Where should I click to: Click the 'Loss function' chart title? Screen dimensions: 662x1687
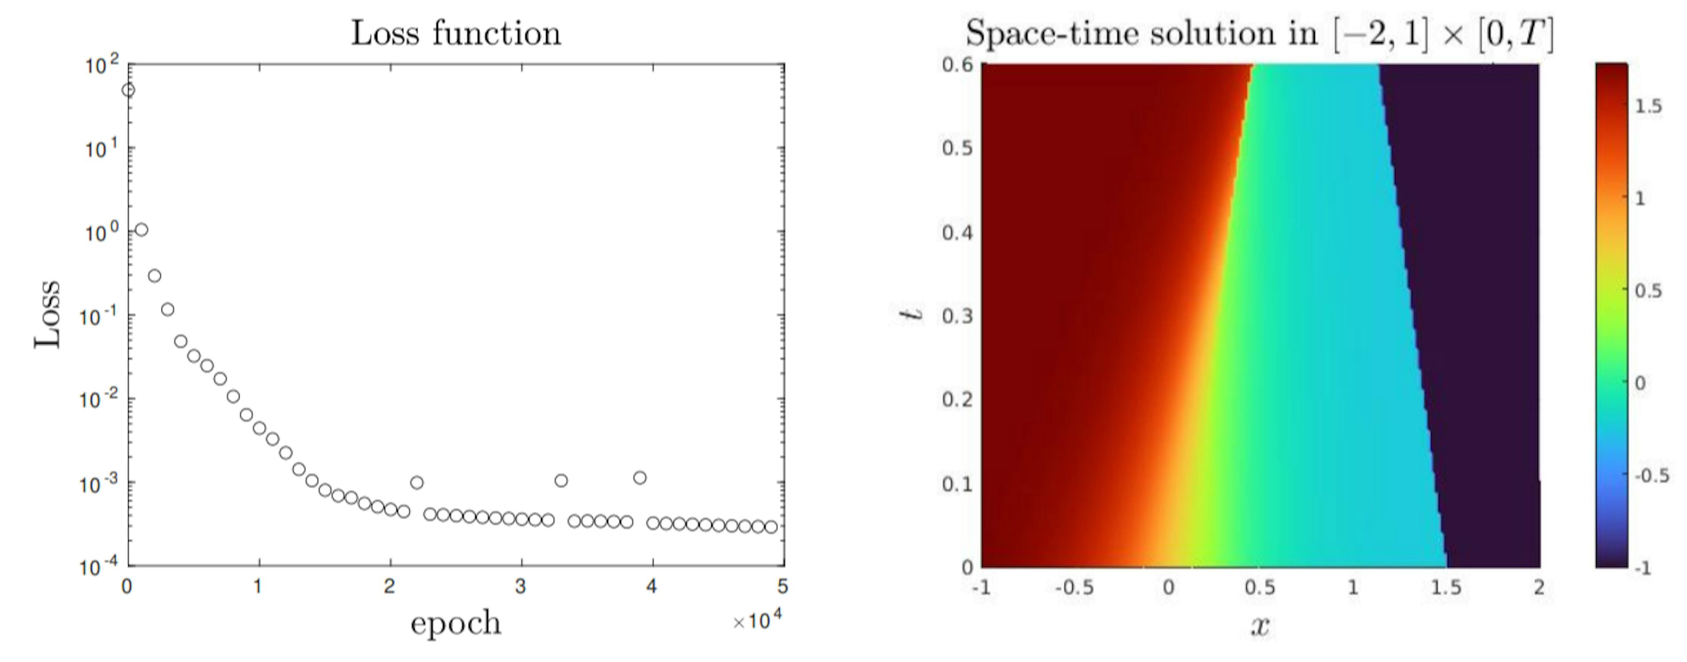click(456, 33)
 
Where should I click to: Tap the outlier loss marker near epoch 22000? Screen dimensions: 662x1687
click(416, 482)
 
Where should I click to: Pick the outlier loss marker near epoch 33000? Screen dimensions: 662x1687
click(561, 480)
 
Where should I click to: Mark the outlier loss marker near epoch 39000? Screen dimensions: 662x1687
click(640, 478)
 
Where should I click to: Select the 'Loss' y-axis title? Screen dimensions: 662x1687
click(48, 315)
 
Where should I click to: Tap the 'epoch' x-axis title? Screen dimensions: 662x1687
click(456, 623)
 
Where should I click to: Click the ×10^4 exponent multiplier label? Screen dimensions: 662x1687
click(758, 620)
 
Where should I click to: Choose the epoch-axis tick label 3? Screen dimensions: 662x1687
click(521, 587)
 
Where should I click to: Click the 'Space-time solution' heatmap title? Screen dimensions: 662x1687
click(1259, 33)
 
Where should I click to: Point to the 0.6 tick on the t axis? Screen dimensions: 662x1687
click(956, 65)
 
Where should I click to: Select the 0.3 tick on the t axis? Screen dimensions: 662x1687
click(956, 316)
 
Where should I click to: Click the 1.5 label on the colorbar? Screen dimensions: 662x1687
click(1648, 107)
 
